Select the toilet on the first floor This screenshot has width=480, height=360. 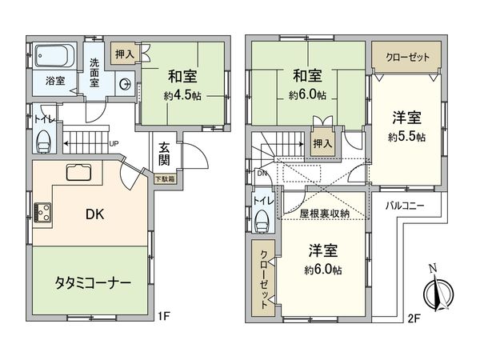pos(43,141)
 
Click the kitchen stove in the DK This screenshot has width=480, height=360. pos(42,213)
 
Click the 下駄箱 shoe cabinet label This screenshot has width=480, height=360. pos(163,178)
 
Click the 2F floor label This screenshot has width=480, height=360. pos(413,317)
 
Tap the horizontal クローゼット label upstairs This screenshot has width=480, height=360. pos(406,58)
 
